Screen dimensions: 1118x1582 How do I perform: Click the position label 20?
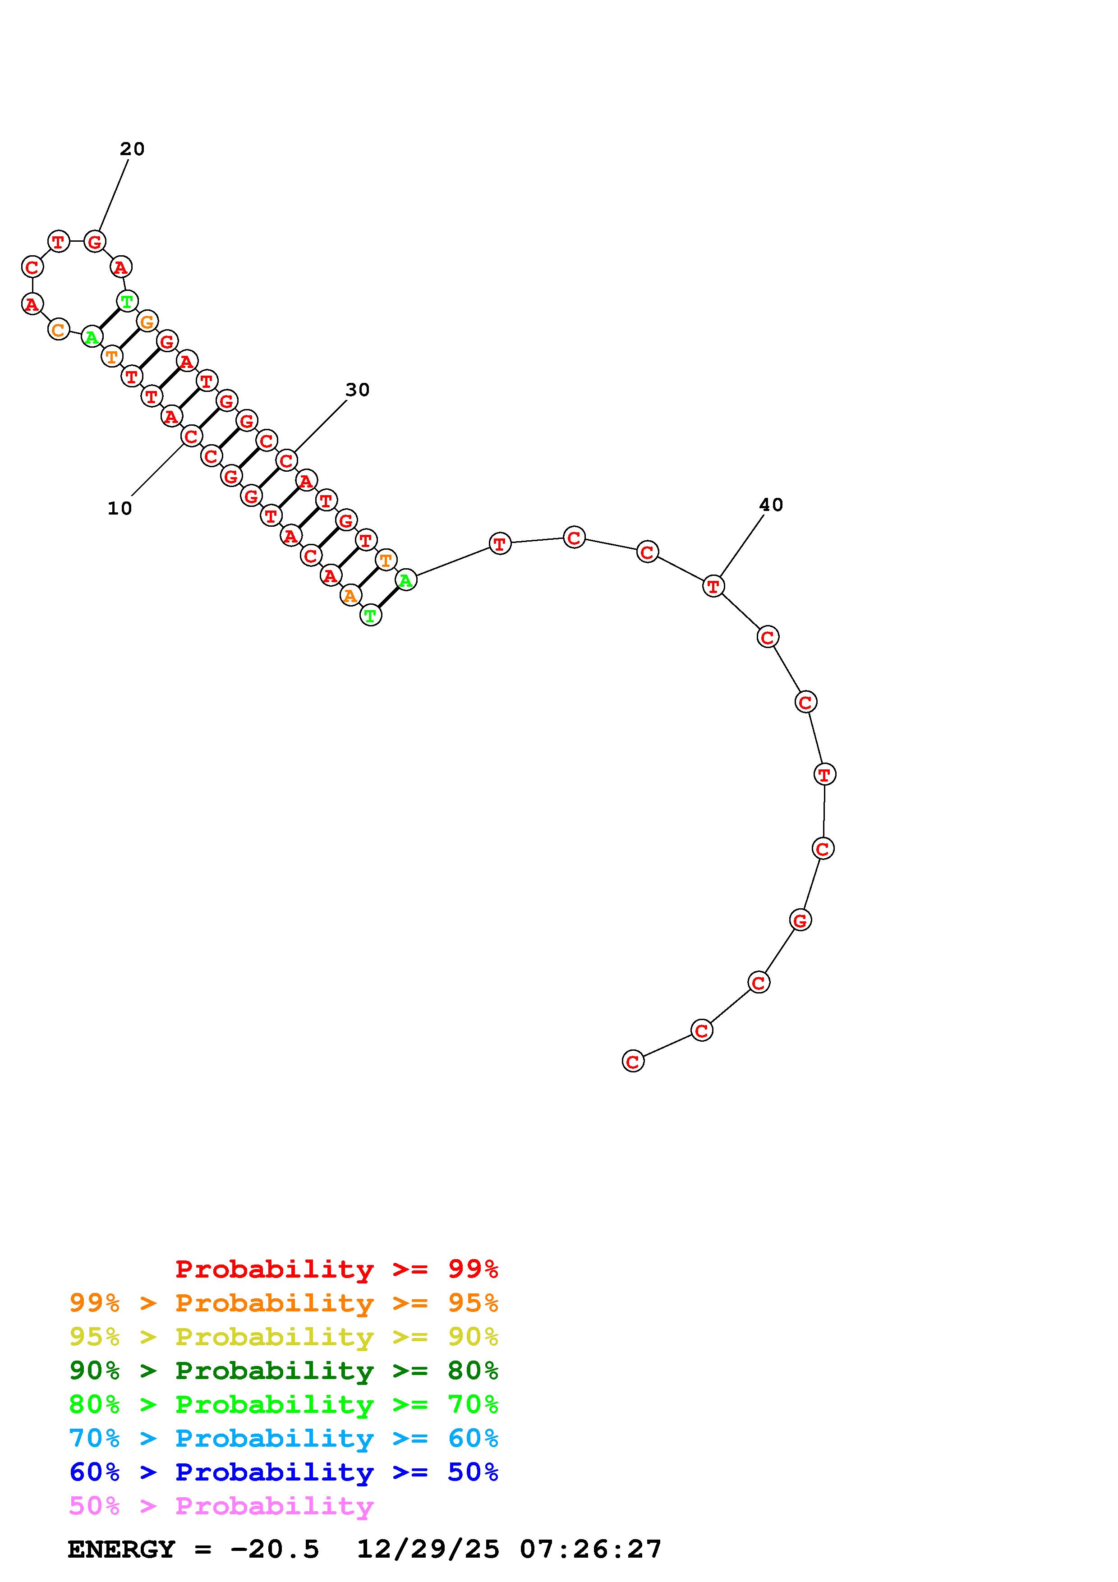click(132, 149)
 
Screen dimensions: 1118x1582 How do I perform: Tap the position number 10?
click(120, 509)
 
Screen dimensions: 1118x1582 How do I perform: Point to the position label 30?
click(358, 390)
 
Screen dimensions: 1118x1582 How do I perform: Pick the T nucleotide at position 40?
click(713, 586)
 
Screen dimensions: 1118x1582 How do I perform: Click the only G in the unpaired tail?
click(800, 920)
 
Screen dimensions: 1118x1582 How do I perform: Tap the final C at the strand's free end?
click(633, 1061)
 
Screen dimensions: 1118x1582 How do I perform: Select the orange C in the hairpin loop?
click(59, 330)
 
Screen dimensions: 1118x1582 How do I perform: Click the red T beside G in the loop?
click(59, 242)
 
